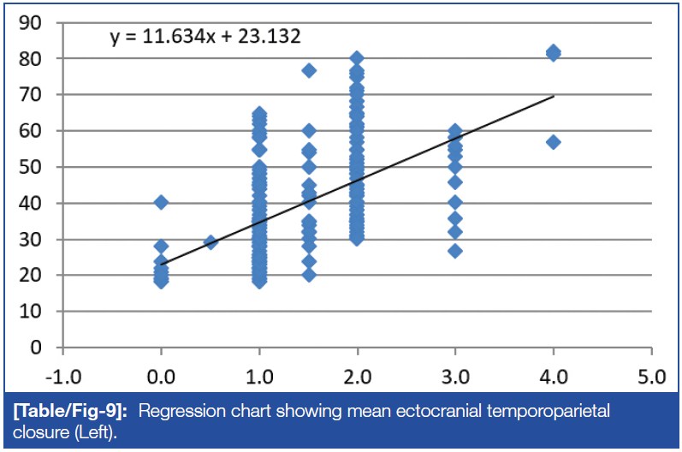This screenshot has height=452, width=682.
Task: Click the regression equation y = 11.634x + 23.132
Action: click(x=205, y=37)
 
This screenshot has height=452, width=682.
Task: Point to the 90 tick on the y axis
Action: click(x=36, y=22)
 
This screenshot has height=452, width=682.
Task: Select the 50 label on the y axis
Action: click(x=36, y=167)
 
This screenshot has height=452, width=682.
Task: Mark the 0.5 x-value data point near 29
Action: click(x=211, y=242)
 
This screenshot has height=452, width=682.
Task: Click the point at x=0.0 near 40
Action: click(x=161, y=202)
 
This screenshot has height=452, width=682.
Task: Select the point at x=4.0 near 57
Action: click(x=554, y=142)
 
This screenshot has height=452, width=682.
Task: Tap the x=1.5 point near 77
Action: click(x=309, y=70)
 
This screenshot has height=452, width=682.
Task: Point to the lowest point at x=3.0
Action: click(x=455, y=251)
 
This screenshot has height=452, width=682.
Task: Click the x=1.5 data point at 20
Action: click(x=309, y=275)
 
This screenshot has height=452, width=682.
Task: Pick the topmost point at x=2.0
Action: click(x=357, y=59)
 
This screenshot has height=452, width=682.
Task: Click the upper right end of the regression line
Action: click(x=554, y=97)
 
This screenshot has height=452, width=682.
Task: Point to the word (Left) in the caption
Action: click(x=95, y=430)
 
